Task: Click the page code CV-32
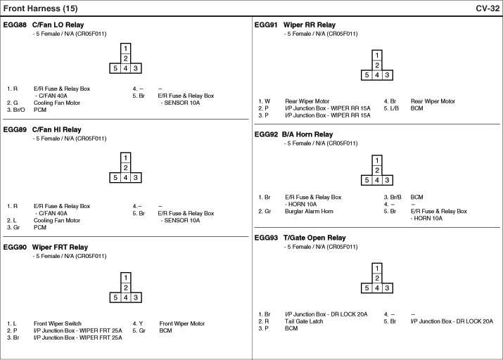click(x=488, y=8)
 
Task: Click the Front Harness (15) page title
click(x=40, y=8)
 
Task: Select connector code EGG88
click(x=15, y=25)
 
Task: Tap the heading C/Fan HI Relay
click(x=57, y=129)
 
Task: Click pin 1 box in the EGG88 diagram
click(x=125, y=49)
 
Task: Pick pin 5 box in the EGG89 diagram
click(x=115, y=178)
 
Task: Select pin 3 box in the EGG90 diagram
click(x=136, y=297)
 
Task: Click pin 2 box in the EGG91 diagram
click(x=377, y=65)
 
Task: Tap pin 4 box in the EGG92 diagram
click(x=377, y=180)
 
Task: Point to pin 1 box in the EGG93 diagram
click(x=377, y=268)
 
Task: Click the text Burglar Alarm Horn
click(x=309, y=211)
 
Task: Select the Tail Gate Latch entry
click(x=304, y=321)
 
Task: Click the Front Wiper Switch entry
click(x=58, y=323)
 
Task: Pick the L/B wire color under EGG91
click(x=391, y=108)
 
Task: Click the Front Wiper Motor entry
click(x=182, y=323)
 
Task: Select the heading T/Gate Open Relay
click(x=314, y=238)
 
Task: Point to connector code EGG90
click(x=15, y=247)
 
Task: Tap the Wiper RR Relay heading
click(x=310, y=25)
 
